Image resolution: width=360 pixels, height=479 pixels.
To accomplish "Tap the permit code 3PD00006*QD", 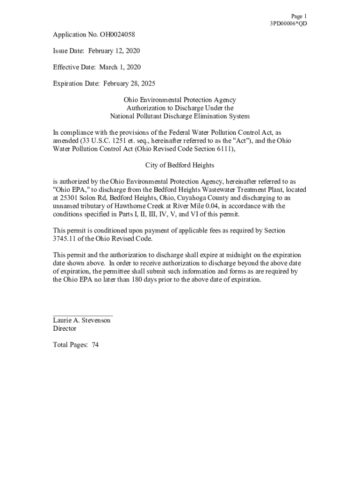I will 288,24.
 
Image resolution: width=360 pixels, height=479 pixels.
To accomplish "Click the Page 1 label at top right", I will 299,16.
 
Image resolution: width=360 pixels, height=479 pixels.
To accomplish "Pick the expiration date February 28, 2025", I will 126,84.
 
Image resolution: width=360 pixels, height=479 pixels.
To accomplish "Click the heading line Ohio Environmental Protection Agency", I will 180,100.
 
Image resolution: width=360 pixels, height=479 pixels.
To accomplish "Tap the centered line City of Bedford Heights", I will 180,166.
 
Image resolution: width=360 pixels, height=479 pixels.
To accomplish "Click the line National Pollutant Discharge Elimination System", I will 180,116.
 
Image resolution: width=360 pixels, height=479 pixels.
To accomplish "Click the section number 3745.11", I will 68,239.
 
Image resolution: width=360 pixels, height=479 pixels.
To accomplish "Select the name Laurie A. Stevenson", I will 82,320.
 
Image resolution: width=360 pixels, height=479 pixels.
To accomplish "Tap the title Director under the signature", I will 65,329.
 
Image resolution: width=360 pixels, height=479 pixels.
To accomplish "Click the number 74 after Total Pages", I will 95,345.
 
